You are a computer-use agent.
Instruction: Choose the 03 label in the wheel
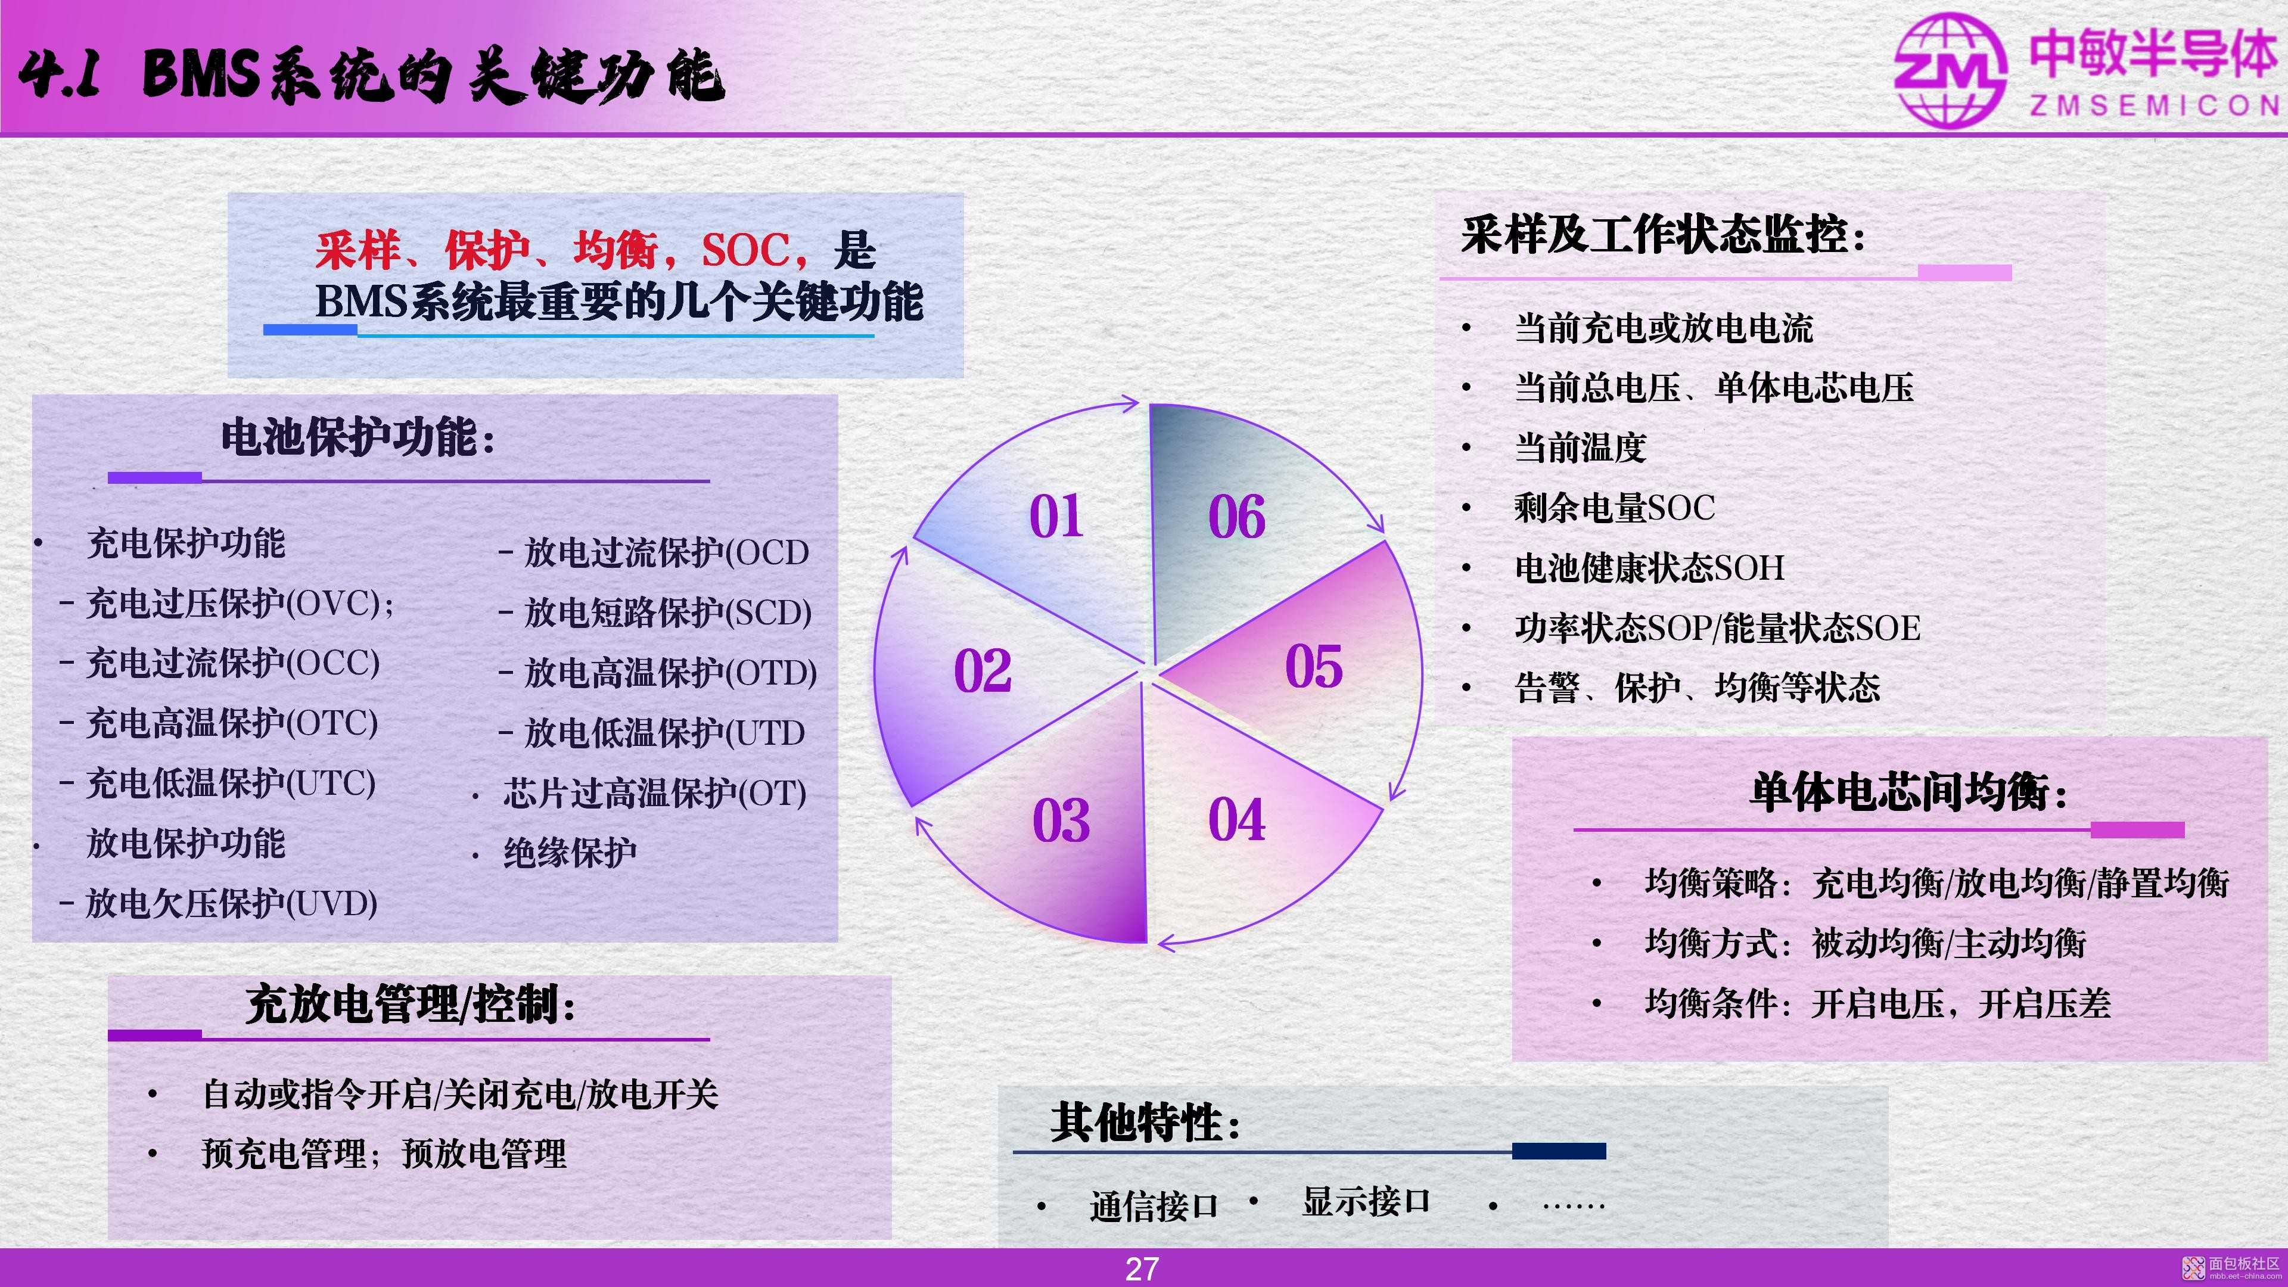[x=1061, y=820]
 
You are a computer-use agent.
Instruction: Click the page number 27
[x=1142, y=1269]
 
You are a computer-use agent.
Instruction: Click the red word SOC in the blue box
[x=744, y=250]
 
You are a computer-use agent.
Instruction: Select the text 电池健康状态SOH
[x=1649, y=567]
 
